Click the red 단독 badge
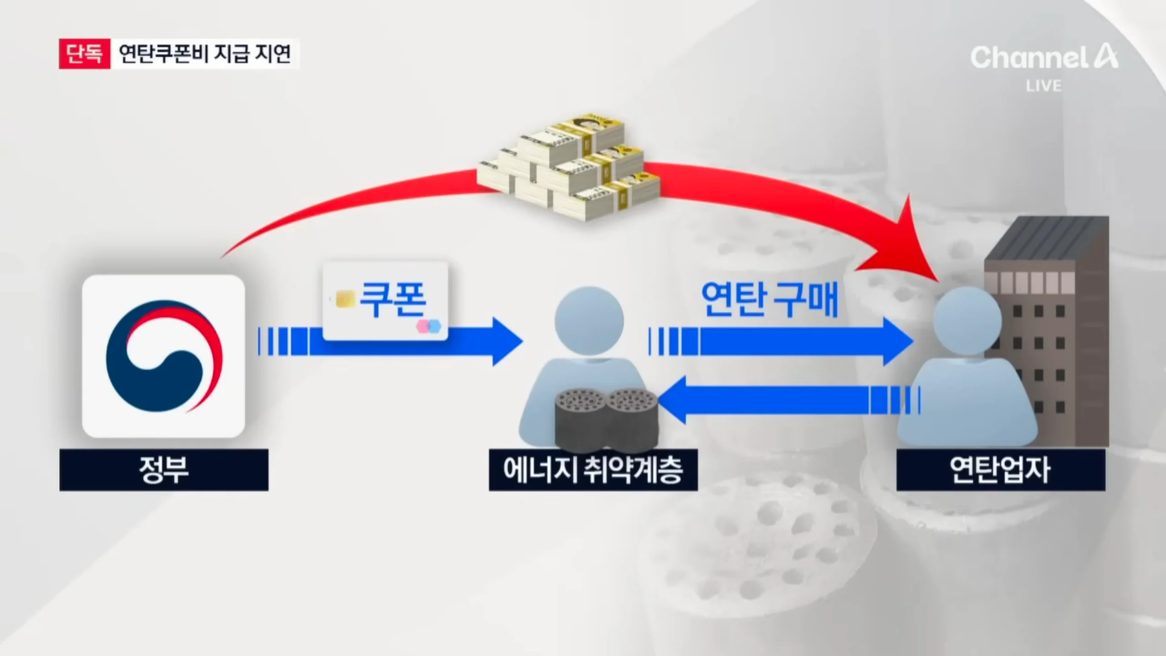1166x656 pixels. [x=84, y=54]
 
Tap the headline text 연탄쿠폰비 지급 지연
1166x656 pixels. [x=205, y=54]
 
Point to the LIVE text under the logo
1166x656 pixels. [x=1043, y=86]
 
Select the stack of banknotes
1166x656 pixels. [x=569, y=169]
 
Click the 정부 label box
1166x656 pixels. [x=164, y=470]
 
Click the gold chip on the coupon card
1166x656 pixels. [x=345, y=300]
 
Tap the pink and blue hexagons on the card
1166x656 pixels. [x=429, y=326]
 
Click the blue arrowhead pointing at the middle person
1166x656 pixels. [x=506, y=341]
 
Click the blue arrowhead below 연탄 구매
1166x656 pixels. [x=897, y=341]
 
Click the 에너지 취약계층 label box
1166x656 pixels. [x=593, y=470]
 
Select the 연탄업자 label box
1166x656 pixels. [x=1000, y=470]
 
